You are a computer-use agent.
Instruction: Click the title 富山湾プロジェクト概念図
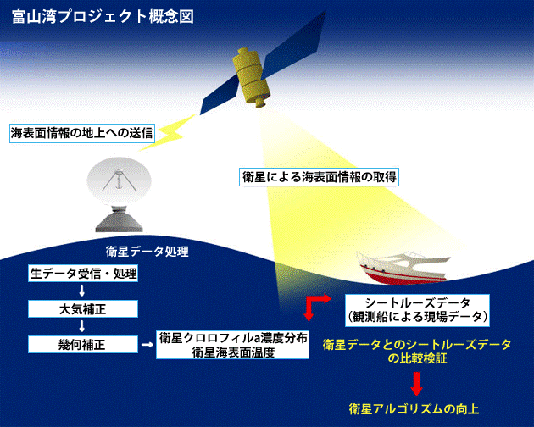click(x=103, y=17)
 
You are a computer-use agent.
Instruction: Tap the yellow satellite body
click(x=251, y=77)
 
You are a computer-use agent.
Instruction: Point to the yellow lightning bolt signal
click(x=168, y=133)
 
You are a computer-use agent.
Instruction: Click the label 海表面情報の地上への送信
click(x=81, y=133)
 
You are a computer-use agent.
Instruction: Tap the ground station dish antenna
click(x=119, y=179)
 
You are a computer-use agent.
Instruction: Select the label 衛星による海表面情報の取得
click(x=319, y=177)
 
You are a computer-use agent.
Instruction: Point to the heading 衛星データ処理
click(x=147, y=252)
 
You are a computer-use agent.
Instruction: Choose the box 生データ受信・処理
click(x=83, y=274)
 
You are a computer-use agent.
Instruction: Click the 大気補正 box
click(x=83, y=309)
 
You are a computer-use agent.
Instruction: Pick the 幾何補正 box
click(x=83, y=344)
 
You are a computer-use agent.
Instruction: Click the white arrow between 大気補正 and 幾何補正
click(x=81, y=326)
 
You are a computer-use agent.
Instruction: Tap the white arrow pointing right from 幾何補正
click(x=147, y=345)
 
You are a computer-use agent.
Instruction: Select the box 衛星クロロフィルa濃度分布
click(x=232, y=345)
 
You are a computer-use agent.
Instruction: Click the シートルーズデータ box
click(x=417, y=311)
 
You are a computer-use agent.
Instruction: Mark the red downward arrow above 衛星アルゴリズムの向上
click(x=416, y=384)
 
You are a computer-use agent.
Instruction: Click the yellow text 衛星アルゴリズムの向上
click(x=414, y=408)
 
